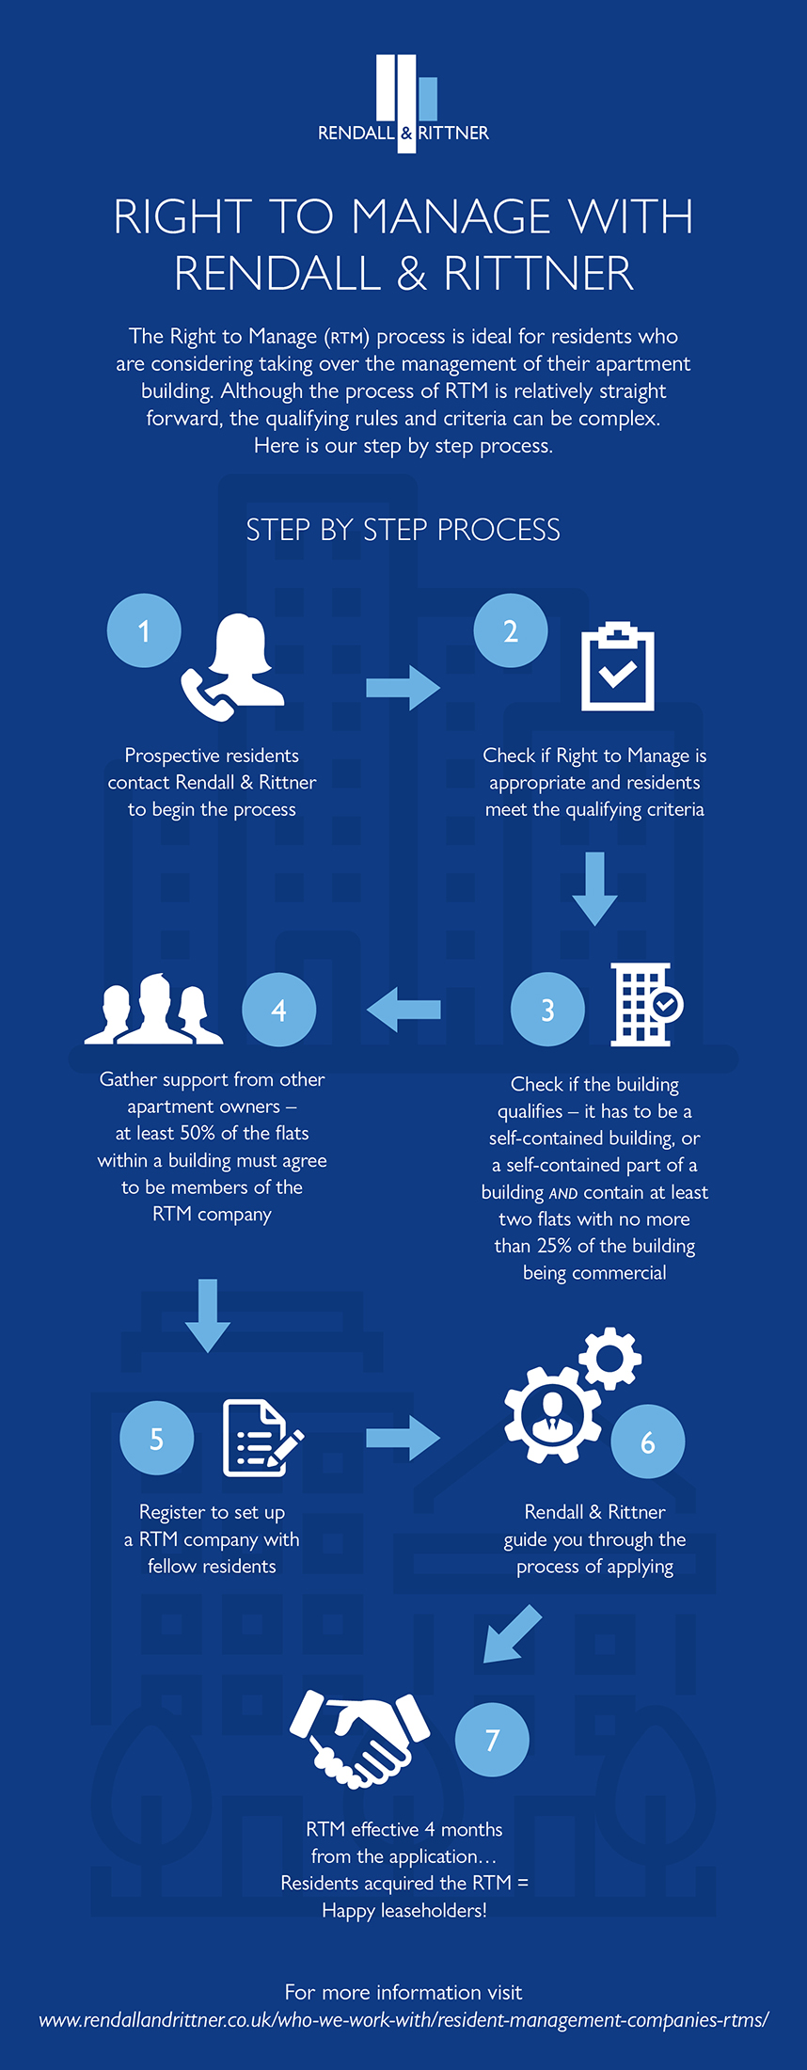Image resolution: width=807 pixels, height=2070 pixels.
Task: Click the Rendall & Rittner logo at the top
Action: click(403, 103)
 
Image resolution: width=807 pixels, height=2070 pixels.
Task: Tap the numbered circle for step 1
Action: click(144, 630)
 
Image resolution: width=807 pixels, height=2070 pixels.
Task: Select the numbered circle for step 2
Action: click(511, 630)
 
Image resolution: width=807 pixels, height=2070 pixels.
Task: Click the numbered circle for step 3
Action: click(547, 1010)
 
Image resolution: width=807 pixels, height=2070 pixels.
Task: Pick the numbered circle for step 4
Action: click(278, 1010)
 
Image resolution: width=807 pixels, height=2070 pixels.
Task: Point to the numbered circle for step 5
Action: click(157, 1438)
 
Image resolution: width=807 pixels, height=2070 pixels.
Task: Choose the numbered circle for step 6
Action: click(648, 1441)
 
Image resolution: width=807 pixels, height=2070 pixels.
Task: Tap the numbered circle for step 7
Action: click(492, 1740)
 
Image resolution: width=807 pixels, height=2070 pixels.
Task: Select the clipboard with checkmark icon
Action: click(617, 666)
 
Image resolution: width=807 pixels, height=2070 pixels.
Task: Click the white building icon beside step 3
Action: click(646, 1004)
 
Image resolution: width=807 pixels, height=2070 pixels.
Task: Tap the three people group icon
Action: click(154, 1009)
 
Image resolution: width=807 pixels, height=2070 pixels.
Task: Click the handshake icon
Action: click(359, 1739)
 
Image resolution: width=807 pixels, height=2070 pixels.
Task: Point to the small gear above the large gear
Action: click(610, 1359)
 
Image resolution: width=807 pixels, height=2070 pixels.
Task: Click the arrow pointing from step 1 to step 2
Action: click(403, 688)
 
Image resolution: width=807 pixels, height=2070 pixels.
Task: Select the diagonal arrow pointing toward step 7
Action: click(512, 1634)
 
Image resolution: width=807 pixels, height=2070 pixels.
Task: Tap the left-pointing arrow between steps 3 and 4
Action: click(403, 1010)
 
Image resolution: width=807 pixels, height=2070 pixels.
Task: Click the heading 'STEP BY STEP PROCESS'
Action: click(403, 530)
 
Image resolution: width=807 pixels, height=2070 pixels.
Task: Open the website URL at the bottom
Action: click(403, 2020)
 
